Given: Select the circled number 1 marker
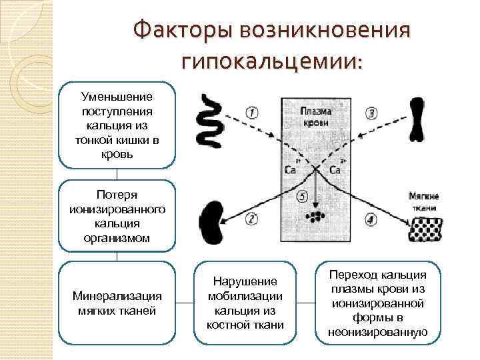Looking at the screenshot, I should point(252,113).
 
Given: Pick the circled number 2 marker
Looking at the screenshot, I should point(251,218).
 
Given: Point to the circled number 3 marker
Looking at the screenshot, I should point(372,113).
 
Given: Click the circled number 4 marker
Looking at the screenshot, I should point(371,218).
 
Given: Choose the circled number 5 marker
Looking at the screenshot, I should point(302,197).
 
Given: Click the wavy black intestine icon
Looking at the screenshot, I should point(214,120).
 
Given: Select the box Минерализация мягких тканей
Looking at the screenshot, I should point(117,303).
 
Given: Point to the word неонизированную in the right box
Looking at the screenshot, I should point(377,331).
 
